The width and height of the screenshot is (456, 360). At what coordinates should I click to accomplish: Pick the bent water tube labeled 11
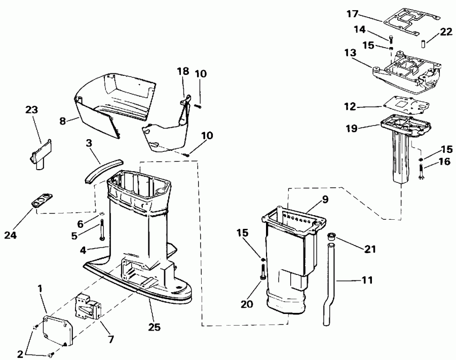(326, 284)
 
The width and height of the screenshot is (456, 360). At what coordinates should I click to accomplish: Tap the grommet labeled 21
(332, 236)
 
